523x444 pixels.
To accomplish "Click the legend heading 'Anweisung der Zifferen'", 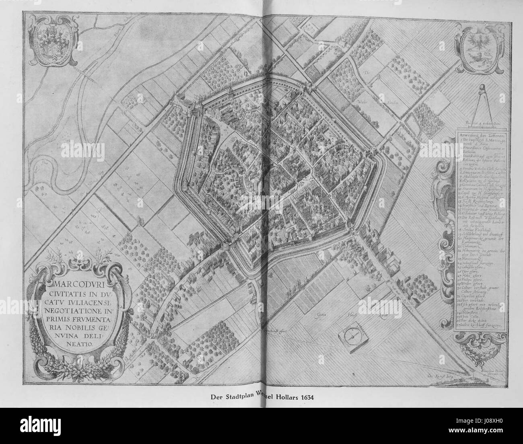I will pos(479,135).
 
